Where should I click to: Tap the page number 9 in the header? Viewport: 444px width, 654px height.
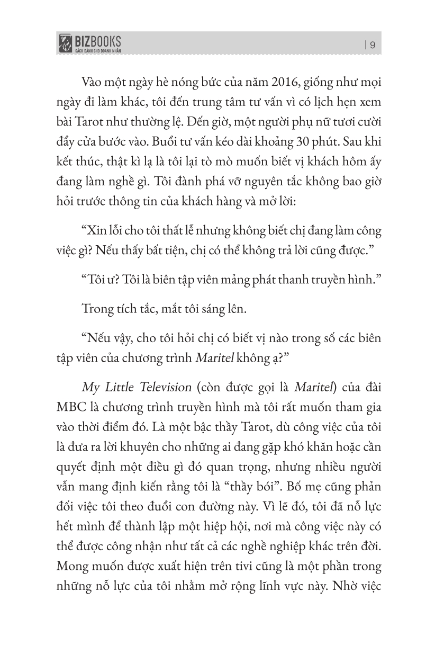point(373,45)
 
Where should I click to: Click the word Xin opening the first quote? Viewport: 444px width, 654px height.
point(95,231)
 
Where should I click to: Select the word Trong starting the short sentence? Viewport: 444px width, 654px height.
point(97,309)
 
